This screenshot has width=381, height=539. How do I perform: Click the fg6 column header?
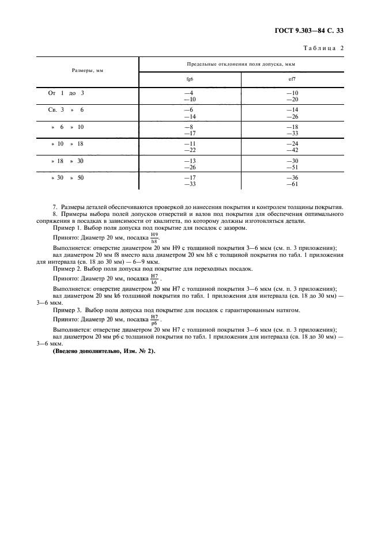(189, 79)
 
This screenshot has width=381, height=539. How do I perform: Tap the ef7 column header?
(292, 79)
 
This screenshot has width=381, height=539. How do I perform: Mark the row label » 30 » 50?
(67, 178)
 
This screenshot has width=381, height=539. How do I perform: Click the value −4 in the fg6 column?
(188, 93)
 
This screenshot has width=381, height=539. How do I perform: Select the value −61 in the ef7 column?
(292, 184)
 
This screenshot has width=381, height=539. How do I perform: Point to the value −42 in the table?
(292, 150)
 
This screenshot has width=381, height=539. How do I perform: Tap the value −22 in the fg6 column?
(188, 150)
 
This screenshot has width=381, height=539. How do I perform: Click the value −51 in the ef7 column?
(292, 168)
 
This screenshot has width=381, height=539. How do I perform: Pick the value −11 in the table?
(188, 143)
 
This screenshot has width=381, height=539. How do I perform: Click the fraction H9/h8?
(154, 238)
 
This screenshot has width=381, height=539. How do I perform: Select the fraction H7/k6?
(154, 279)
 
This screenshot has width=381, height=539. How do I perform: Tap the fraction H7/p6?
(154, 320)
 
